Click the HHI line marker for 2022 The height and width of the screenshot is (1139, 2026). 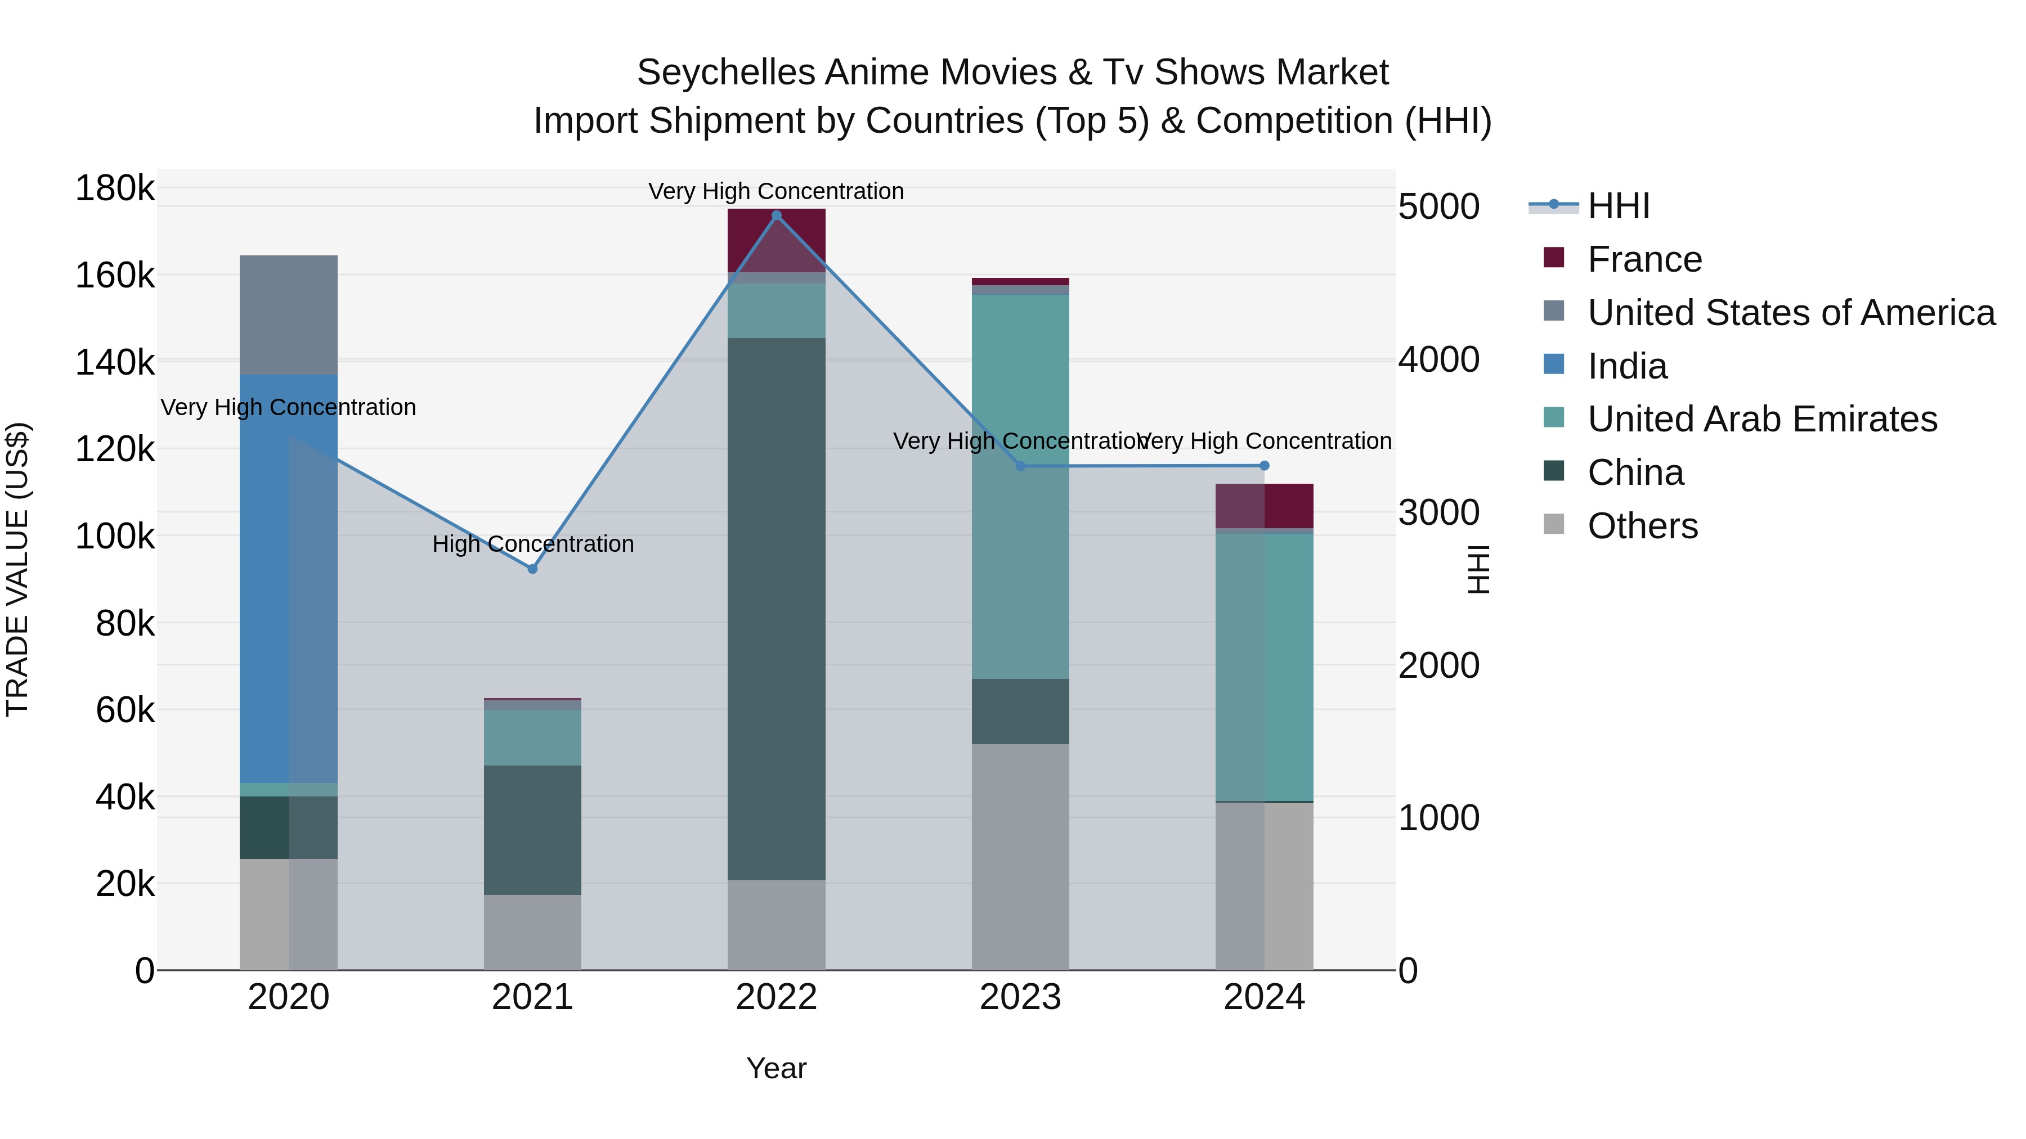click(x=776, y=215)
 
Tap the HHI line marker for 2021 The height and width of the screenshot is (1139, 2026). click(x=532, y=568)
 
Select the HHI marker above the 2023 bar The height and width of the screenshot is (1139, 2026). click(x=1021, y=466)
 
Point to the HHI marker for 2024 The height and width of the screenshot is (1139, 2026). click(x=1265, y=465)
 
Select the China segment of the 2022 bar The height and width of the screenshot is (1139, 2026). click(x=776, y=609)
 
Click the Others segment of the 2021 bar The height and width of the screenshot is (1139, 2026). click(x=532, y=931)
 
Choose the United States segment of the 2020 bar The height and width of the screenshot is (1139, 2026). click(x=289, y=314)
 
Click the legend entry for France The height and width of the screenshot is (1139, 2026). click(x=1644, y=259)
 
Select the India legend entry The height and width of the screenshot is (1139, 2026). click(x=1626, y=366)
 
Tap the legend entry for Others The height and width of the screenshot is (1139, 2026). click(x=1642, y=526)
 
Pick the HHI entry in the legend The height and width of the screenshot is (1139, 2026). click(x=1618, y=206)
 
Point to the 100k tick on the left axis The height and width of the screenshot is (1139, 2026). click(x=115, y=537)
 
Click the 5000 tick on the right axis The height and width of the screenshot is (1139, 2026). click(x=1439, y=207)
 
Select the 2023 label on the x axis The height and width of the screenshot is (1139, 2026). click(x=1021, y=997)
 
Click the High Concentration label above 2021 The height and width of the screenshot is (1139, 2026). click(x=532, y=544)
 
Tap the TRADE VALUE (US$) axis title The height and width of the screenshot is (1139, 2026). click(x=17, y=569)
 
